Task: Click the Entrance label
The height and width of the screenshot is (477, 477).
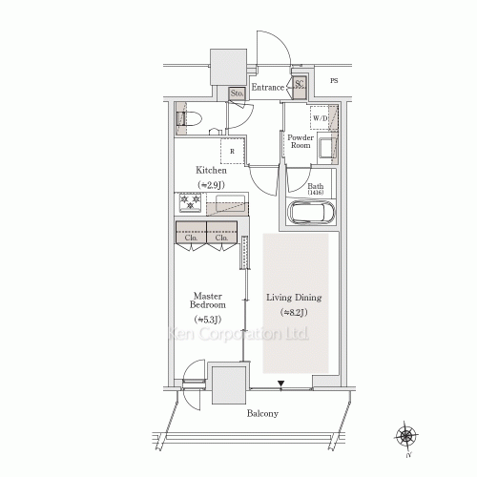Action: [268, 88]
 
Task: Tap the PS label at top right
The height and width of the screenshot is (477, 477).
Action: [334, 80]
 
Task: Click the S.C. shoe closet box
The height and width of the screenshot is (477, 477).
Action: [300, 87]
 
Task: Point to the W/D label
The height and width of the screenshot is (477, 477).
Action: [321, 118]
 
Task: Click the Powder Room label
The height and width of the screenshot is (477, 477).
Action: [301, 142]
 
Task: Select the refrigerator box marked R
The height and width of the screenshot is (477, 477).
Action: [233, 150]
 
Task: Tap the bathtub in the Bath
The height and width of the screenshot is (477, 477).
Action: [307, 213]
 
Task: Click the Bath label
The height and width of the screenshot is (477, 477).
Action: [316, 187]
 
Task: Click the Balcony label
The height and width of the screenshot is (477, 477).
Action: [262, 414]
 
